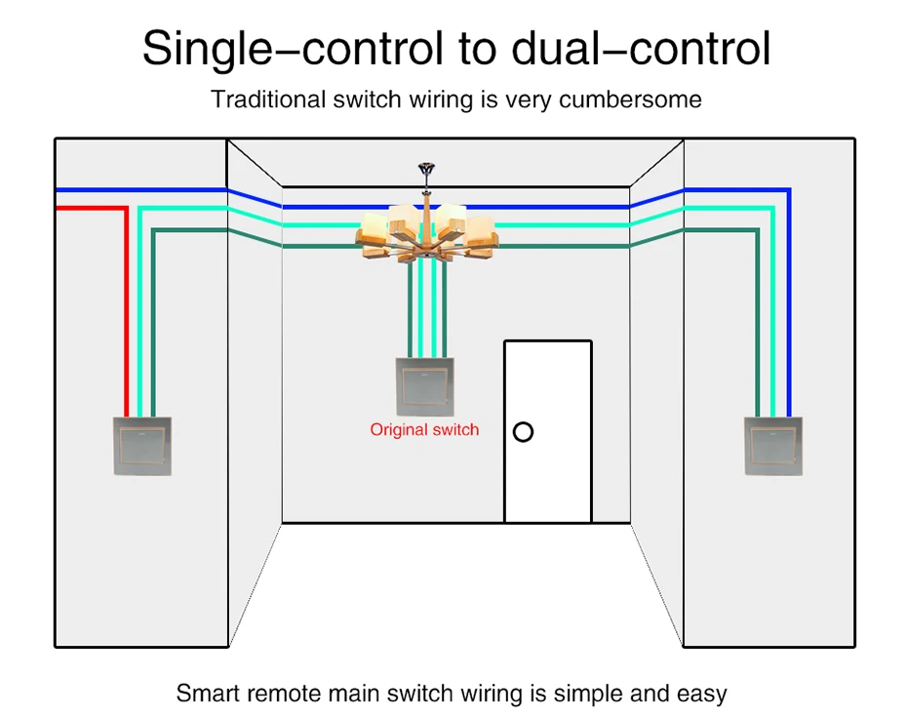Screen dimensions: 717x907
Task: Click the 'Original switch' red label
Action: click(424, 429)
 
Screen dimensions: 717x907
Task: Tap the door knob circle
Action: click(524, 431)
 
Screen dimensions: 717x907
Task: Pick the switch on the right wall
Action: click(773, 446)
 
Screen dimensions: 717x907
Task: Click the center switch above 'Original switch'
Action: click(424, 386)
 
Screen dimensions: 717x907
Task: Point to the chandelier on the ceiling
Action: click(426, 234)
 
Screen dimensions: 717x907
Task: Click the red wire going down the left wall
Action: click(126, 312)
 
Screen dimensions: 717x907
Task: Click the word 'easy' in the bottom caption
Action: click(701, 694)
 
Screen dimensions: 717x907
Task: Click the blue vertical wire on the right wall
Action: click(788, 302)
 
